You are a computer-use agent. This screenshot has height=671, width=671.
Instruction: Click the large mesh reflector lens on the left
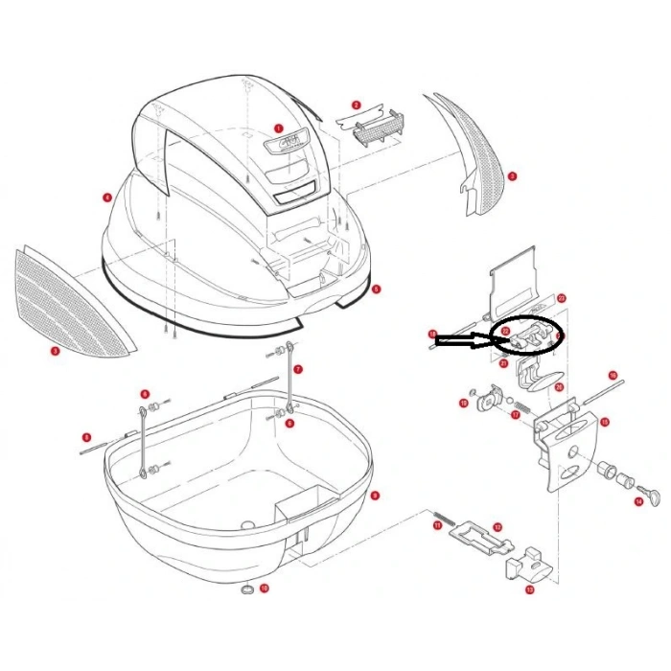[x=67, y=297]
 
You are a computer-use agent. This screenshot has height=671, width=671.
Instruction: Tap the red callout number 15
[x=605, y=421]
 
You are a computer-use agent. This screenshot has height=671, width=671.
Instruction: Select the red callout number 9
[x=375, y=496]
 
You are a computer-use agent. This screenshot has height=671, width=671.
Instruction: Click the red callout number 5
[x=377, y=288]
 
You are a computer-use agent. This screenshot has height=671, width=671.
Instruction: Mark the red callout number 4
[x=105, y=198]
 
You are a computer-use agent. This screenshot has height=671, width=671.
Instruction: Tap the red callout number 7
[x=298, y=368]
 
